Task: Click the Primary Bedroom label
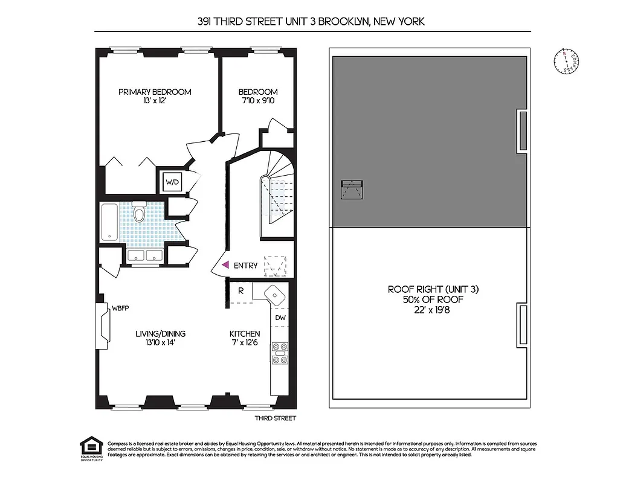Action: [155, 92]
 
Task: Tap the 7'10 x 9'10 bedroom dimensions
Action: [257, 101]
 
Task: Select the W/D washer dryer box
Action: [172, 182]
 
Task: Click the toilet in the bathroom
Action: [139, 213]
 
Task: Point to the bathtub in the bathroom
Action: [109, 222]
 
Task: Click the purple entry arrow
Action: [225, 265]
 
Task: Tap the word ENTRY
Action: [245, 266]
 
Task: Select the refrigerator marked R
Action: [240, 290]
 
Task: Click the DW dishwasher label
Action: [280, 318]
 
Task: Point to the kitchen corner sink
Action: [275, 295]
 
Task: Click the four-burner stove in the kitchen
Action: [280, 353]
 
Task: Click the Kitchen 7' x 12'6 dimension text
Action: [245, 343]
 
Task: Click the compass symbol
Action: [566, 61]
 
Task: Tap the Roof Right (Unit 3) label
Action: [433, 290]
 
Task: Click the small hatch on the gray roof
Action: [352, 189]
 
